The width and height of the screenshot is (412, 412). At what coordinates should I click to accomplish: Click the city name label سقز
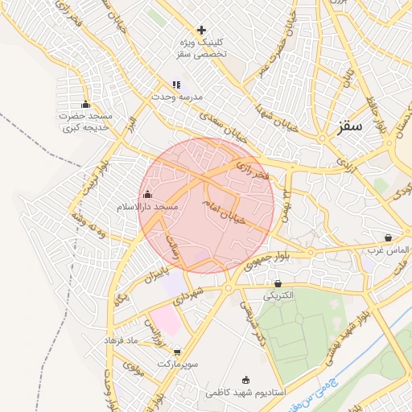coord(351,126)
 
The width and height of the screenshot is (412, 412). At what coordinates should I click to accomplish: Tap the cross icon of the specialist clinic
coord(201,30)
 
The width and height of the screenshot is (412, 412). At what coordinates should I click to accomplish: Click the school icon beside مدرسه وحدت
coord(176,84)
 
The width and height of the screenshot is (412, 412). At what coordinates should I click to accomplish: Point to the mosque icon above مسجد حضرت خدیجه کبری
coord(86,104)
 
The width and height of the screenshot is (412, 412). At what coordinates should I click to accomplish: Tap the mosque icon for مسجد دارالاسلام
coord(146,194)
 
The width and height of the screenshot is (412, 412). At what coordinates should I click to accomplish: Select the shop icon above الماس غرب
coord(389,238)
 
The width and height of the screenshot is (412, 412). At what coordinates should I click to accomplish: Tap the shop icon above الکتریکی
coord(278,283)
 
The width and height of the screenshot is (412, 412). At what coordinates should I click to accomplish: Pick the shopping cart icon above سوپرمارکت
coord(177,352)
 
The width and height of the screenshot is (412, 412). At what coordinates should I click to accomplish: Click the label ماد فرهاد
coord(122,340)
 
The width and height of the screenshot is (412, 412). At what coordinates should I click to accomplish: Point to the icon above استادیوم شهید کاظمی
coord(245,380)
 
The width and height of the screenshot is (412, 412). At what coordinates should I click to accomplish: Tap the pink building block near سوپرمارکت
coord(165,319)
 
